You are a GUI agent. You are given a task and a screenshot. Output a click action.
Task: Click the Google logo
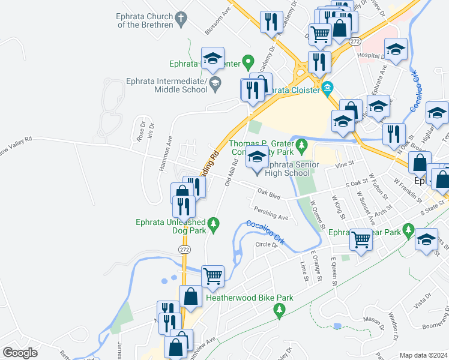click(20, 353)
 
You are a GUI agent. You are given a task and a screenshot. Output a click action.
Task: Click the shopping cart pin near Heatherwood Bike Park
click(213, 276)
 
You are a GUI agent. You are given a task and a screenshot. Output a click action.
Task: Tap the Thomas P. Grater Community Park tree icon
click(302, 145)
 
